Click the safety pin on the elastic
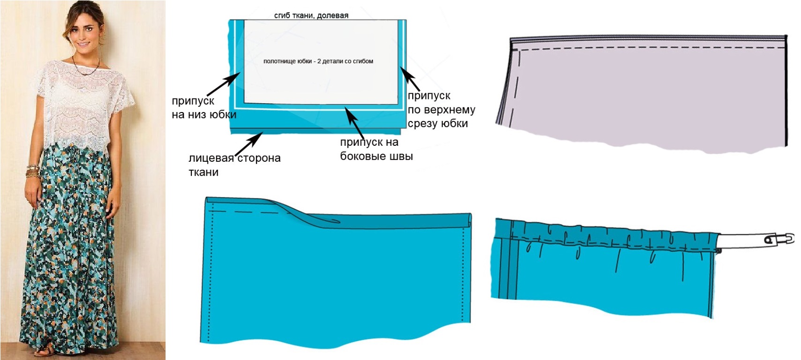[x=779, y=239]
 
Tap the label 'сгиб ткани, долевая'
[x=311, y=15]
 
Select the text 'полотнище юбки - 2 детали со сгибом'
[x=318, y=61]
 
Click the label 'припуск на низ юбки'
[x=204, y=108]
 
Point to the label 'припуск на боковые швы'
[x=376, y=149]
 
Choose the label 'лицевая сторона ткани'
[x=234, y=165]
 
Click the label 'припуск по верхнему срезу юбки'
[x=441, y=109]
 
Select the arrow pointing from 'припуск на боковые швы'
[x=354, y=123]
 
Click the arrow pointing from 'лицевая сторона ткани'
[x=249, y=144]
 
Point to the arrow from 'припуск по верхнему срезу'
[x=410, y=79]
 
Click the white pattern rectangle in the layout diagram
[x=321, y=62]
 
